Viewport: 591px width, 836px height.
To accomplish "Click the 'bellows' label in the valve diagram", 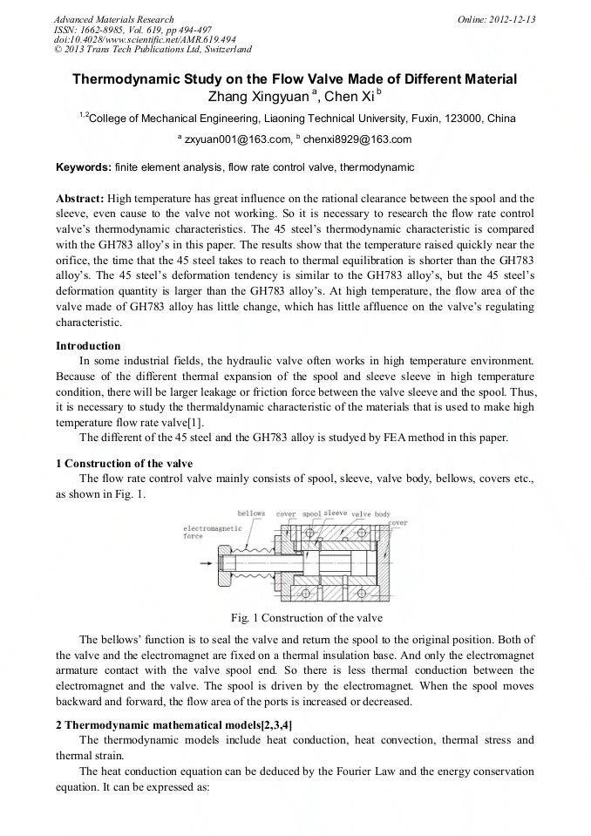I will pyautogui.click(x=251, y=513).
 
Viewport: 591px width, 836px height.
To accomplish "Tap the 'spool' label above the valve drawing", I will pyautogui.click(x=311, y=514).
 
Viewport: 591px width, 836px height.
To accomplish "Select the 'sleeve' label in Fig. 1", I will pyautogui.click(x=336, y=513).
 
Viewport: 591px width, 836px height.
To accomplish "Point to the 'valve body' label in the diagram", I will pyautogui.click(x=370, y=514).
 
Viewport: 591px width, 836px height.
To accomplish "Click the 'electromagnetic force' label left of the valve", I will pyautogui.click(x=205, y=532).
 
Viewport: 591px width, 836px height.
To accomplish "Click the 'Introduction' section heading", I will pyautogui.click(x=89, y=346).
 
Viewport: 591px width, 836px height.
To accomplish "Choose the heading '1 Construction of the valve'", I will pyautogui.click(x=124, y=463).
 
